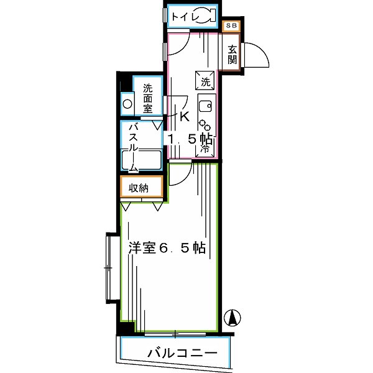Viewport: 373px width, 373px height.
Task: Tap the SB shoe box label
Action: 231,25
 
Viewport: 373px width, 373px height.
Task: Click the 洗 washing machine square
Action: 206,80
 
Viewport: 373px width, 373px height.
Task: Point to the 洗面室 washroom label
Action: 148,98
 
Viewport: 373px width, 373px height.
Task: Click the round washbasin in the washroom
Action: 127,104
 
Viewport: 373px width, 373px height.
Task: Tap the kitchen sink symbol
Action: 206,104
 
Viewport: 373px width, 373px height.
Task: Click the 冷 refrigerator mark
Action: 205,149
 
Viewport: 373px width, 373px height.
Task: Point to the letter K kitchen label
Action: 184,116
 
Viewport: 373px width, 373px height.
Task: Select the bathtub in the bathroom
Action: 141,163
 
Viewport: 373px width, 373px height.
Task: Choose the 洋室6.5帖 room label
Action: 167,247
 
